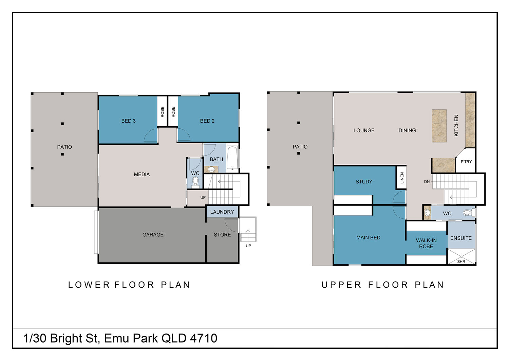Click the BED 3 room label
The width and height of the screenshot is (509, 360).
128,121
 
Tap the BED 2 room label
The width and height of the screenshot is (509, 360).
207,121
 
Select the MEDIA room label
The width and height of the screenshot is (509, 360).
142,175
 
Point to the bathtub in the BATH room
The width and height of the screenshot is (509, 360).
232,158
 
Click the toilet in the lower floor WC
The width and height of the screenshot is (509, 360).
195,182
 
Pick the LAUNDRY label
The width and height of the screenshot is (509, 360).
222,212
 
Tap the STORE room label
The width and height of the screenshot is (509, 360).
222,235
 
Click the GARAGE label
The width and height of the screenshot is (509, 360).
153,235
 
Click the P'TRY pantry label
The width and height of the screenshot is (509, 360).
466,162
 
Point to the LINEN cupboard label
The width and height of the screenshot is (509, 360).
402,178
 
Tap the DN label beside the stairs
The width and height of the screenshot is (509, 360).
427,182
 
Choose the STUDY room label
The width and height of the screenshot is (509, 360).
364,182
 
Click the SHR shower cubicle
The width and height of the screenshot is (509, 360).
461,256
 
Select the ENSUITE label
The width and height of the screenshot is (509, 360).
461,238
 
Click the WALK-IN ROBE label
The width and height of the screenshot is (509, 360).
426,243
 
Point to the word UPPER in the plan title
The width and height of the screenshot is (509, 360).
341,285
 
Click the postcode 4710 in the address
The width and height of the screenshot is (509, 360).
204,338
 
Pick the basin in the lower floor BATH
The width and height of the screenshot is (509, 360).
211,169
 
